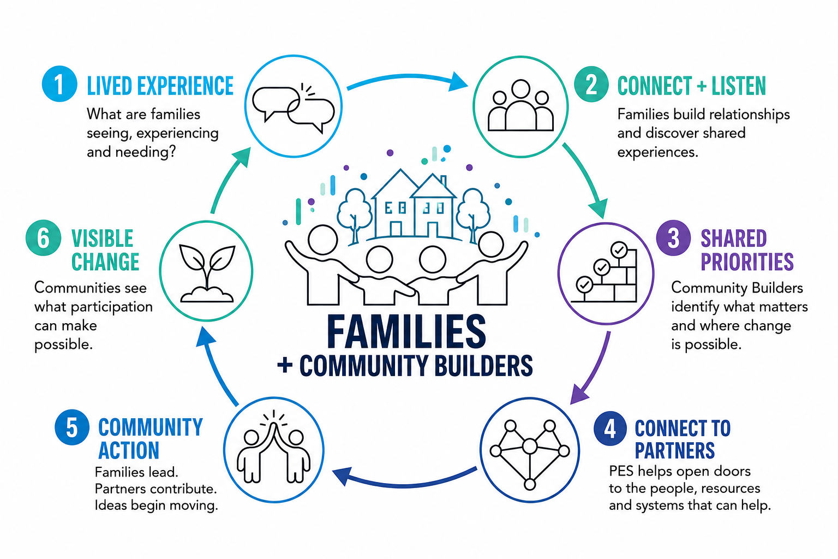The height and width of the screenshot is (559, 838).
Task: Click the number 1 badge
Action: click(x=59, y=84)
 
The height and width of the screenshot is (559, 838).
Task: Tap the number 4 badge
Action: click(x=610, y=429)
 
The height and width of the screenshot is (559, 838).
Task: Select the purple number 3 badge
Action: click(x=673, y=238)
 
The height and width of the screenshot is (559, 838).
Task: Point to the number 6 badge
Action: click(x=44, y=238)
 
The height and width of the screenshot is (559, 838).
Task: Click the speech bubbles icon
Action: click(x=294, y=108)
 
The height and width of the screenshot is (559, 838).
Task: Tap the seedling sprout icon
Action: click(x=207, y=273)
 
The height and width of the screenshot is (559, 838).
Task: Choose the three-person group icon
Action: click(x=520, y=105)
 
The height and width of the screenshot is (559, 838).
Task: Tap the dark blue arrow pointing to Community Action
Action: click(x=404, y=484)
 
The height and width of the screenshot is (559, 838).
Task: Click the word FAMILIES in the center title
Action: click(x=406, y=331)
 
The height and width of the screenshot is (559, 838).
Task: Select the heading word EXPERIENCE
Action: click(x=185, y=86)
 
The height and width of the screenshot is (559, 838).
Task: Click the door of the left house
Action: click(x=396, y=229)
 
